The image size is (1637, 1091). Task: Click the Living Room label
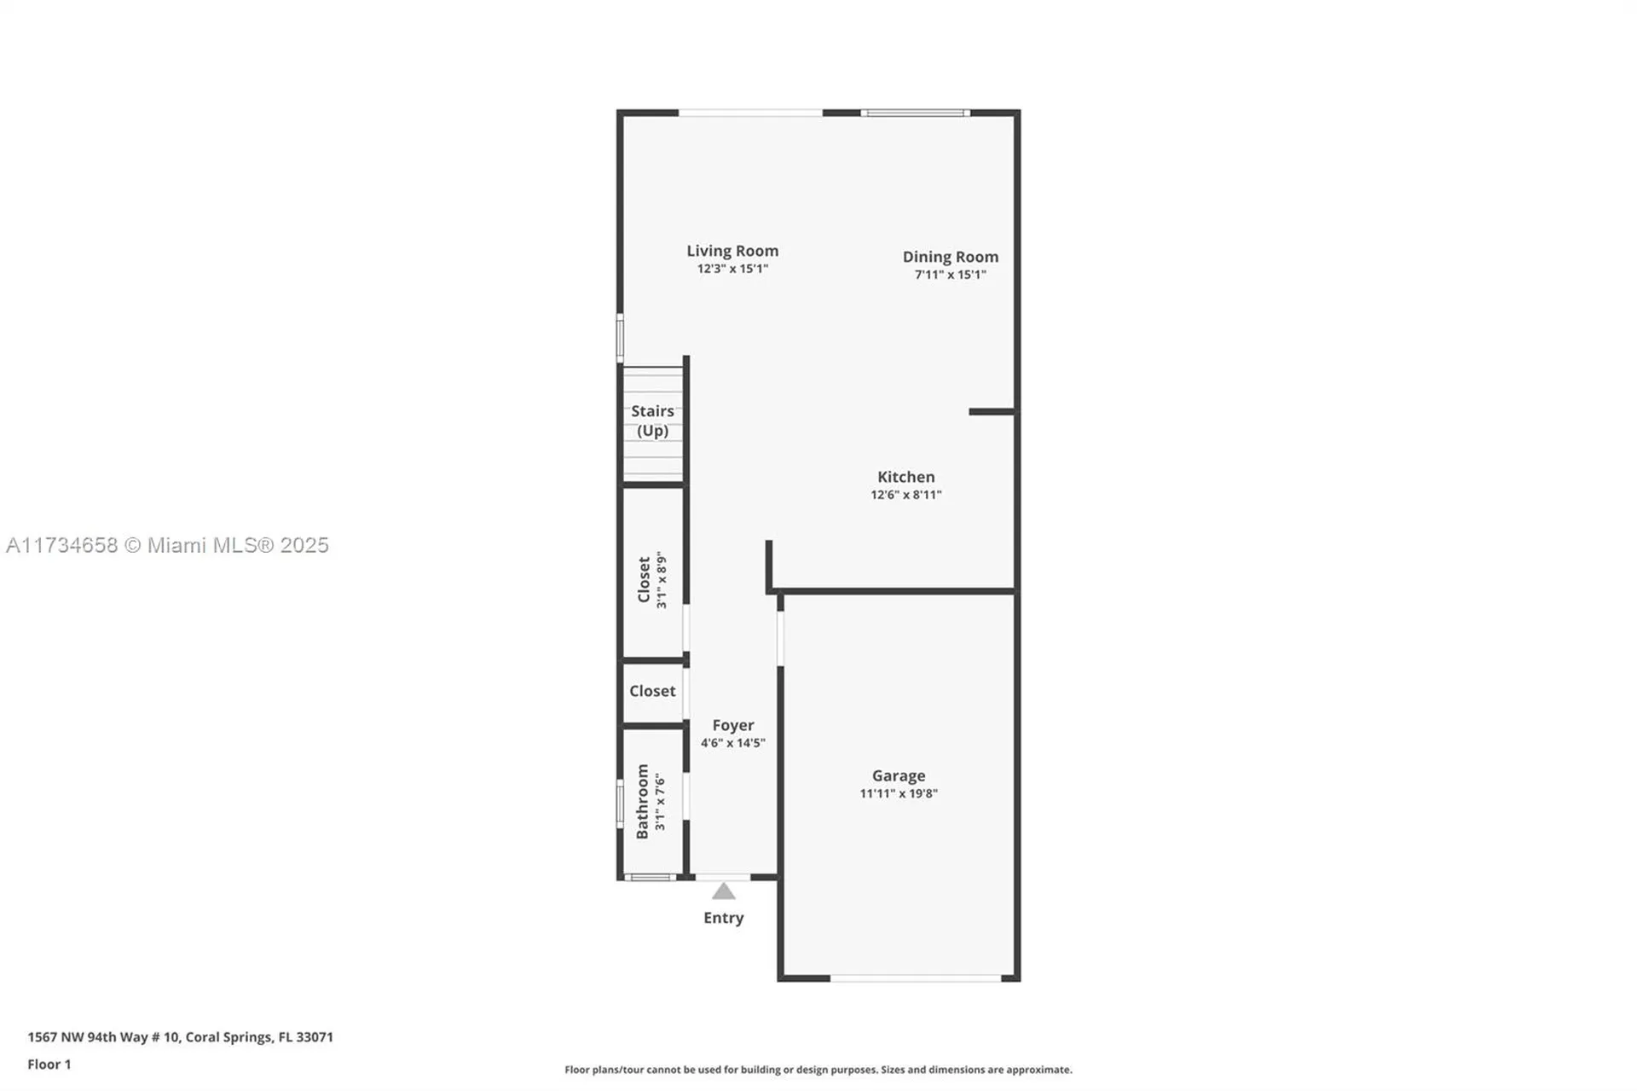click(x=732, y=251)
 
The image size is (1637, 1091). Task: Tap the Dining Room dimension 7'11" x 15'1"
click(x=950, y=275)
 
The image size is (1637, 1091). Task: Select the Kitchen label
click(x=905, y=477)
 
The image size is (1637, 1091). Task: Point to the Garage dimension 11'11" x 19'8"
click(x=898, y=793)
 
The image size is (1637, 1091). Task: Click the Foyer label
click(x=732, y=725)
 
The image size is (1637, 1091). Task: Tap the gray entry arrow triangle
click(x=723, y=892)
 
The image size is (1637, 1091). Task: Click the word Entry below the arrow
click(x=723, y=918)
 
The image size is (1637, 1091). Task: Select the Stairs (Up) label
click(x=652, y=421)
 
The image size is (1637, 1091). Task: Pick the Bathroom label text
click(x=642, y=801)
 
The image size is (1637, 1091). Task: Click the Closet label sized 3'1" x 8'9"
click(x=645, y=579)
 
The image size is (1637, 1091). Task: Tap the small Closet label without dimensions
click(x=652, y=691)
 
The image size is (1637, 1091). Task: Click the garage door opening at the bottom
click(x=915, y=978)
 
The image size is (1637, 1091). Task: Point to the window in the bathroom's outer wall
click(x=620, y=804)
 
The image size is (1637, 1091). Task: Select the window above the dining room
click(x=915, y=113)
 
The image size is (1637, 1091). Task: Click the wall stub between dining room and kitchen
click(x=991, y=412)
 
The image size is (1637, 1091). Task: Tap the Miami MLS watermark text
click(x=167, y=545)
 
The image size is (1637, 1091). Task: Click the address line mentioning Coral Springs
click(x=180, y=1037)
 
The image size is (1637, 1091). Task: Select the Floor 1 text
click(x=49, y=1064)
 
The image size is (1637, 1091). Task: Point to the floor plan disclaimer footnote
click(x=818, y=1070)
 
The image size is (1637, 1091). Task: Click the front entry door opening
click(x=723, y=877)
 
